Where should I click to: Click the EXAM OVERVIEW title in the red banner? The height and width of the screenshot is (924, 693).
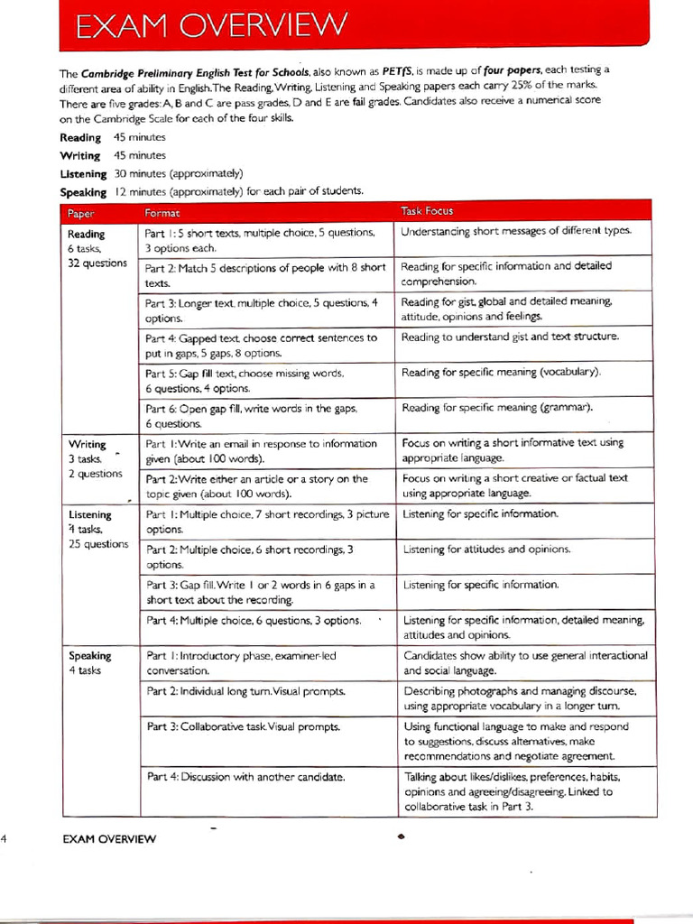click(209, 25)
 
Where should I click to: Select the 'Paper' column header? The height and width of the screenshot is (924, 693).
click(81, 212)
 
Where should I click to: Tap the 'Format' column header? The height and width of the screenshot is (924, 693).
click(162, 212)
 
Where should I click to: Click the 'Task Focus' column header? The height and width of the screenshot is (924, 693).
click(427, 211)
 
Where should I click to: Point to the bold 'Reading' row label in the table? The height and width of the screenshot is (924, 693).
click(86, 234)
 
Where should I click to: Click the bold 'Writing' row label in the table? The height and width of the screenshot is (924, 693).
click(87, 444)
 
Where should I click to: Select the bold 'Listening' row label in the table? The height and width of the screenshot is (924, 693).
click(90, 515)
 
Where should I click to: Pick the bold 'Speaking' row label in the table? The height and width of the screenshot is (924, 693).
click(89, 656)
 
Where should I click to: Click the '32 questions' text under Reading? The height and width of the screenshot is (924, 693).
click(97, 263)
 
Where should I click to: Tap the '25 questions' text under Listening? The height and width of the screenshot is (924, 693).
click(98, 544)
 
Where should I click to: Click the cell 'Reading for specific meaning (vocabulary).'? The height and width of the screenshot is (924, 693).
click(501, 372)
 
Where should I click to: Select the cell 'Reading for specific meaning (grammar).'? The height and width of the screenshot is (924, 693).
click(497, 408)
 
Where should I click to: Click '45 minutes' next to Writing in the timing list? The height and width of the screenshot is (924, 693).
click(140, 155)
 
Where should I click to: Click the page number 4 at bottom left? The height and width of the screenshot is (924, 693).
click(5, 838)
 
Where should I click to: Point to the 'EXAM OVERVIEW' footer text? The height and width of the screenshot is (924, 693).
click(108, 839)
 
